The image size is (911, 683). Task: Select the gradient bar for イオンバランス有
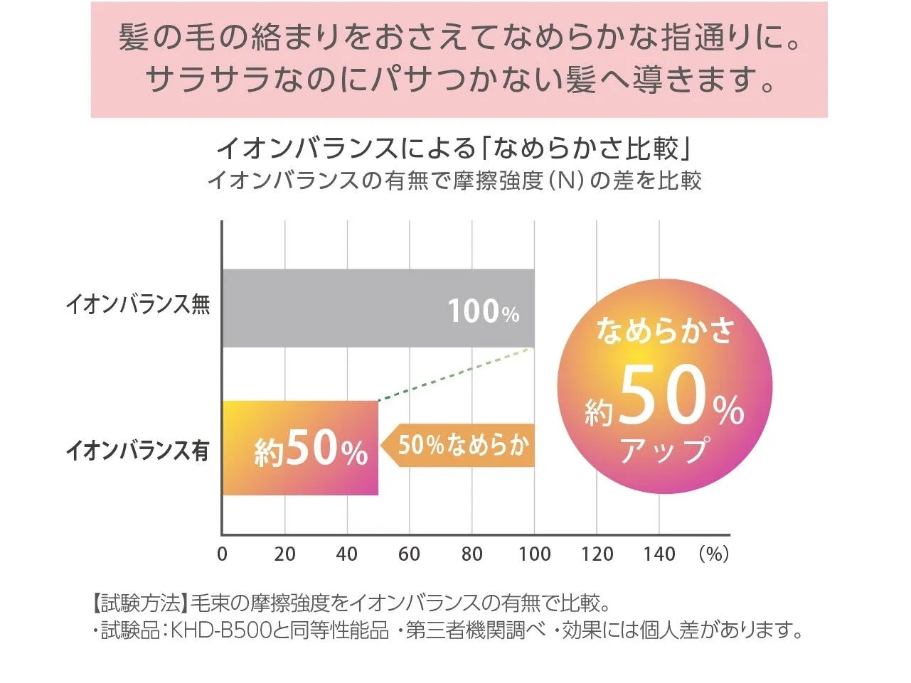[x=299, y=448]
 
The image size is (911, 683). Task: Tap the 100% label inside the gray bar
[x=483, y=311]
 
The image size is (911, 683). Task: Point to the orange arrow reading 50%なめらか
[x=458, y=446]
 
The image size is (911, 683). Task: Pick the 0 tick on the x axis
[x=222, y=554]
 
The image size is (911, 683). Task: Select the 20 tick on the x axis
[x=284, y=554]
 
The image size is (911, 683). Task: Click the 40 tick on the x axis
[x=347, y=554]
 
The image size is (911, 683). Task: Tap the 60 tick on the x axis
[x=409, y=554]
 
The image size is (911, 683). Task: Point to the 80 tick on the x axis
[x=472, y=554]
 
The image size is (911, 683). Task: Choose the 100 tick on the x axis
[x=534, y=554]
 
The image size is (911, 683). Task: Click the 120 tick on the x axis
[x=597, y=554]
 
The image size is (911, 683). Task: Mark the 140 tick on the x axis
[x=659, y=554]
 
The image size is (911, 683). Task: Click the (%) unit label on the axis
[x=713, y=554]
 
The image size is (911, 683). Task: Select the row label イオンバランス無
[x=138, y=305]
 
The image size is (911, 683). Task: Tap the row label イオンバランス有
[x=138, y=450]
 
